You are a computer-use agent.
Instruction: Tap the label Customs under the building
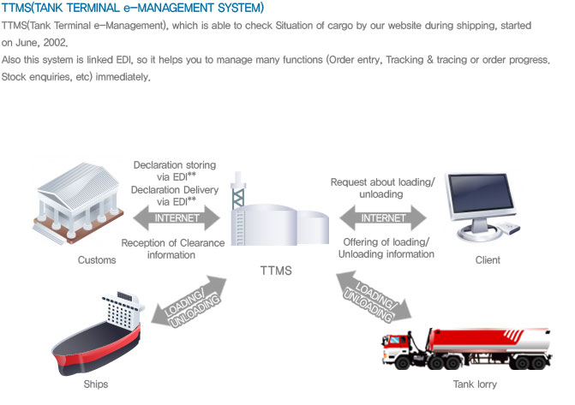pos(96,260)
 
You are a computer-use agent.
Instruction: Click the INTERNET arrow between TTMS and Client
pos(380,217)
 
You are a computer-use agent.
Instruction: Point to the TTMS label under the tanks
pos(277,271)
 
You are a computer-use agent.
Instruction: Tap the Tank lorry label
pos(475,385)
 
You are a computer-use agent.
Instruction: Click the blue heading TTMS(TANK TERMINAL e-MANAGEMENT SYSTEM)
pos(133,9)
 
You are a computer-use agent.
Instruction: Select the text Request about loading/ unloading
pos(382,188)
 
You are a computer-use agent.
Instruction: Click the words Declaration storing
pos(174,164)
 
